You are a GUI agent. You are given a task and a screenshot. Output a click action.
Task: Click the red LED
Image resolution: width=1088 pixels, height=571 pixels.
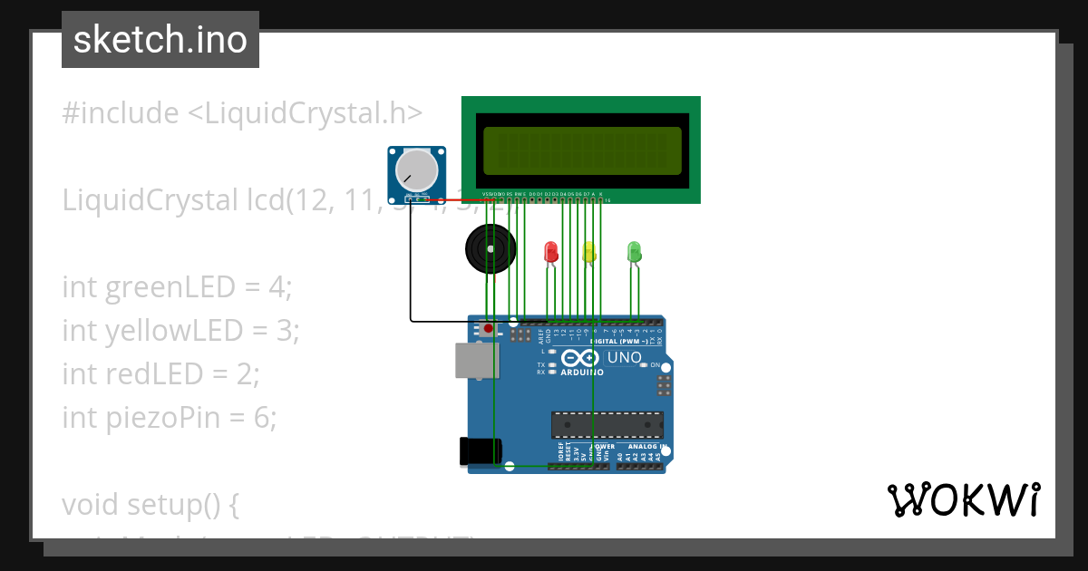[x=550, y=252]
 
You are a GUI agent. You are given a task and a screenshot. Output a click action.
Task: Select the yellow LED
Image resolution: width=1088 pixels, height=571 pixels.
[x=589, y=252]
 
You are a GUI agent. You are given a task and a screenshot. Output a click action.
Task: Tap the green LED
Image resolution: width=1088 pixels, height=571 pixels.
[x=634, y=251]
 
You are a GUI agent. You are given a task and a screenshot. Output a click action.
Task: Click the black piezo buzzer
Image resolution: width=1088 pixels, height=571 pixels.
[x=491, y=248]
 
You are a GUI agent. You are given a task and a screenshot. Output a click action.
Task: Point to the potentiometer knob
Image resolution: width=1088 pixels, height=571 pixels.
[x=416, y=170]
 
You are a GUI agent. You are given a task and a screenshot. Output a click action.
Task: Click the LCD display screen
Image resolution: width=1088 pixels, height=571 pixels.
[x=581, y=150]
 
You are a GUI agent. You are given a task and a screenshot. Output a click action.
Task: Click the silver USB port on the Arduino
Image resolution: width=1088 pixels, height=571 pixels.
[x=476, y=360]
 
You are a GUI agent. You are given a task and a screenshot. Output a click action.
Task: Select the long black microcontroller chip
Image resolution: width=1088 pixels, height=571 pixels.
[x=607, y=424]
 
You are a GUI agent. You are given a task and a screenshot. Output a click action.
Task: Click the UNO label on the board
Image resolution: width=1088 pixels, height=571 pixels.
[x=624, y=358]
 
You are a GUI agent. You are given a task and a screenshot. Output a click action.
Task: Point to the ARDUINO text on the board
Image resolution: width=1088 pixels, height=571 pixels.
[x=582, y=372]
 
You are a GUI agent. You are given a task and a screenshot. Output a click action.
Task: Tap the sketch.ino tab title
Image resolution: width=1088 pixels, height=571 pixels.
[x=160, y=40]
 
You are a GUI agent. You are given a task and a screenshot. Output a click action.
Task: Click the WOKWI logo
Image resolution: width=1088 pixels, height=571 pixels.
[x=963, y=500]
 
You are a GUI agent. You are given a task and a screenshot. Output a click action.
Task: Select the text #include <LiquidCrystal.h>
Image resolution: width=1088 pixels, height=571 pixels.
[x=242, y=113]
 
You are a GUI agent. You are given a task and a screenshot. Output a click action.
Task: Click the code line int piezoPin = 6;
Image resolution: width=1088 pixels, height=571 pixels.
[x=169, y=417]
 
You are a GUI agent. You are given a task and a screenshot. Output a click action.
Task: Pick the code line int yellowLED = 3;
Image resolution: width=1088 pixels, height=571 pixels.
[x=180, y=331]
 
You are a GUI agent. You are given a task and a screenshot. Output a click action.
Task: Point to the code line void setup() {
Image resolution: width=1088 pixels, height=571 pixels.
[x=151, y=504]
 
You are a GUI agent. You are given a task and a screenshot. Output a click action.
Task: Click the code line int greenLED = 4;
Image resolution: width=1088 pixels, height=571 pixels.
[x=177, y=287]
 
